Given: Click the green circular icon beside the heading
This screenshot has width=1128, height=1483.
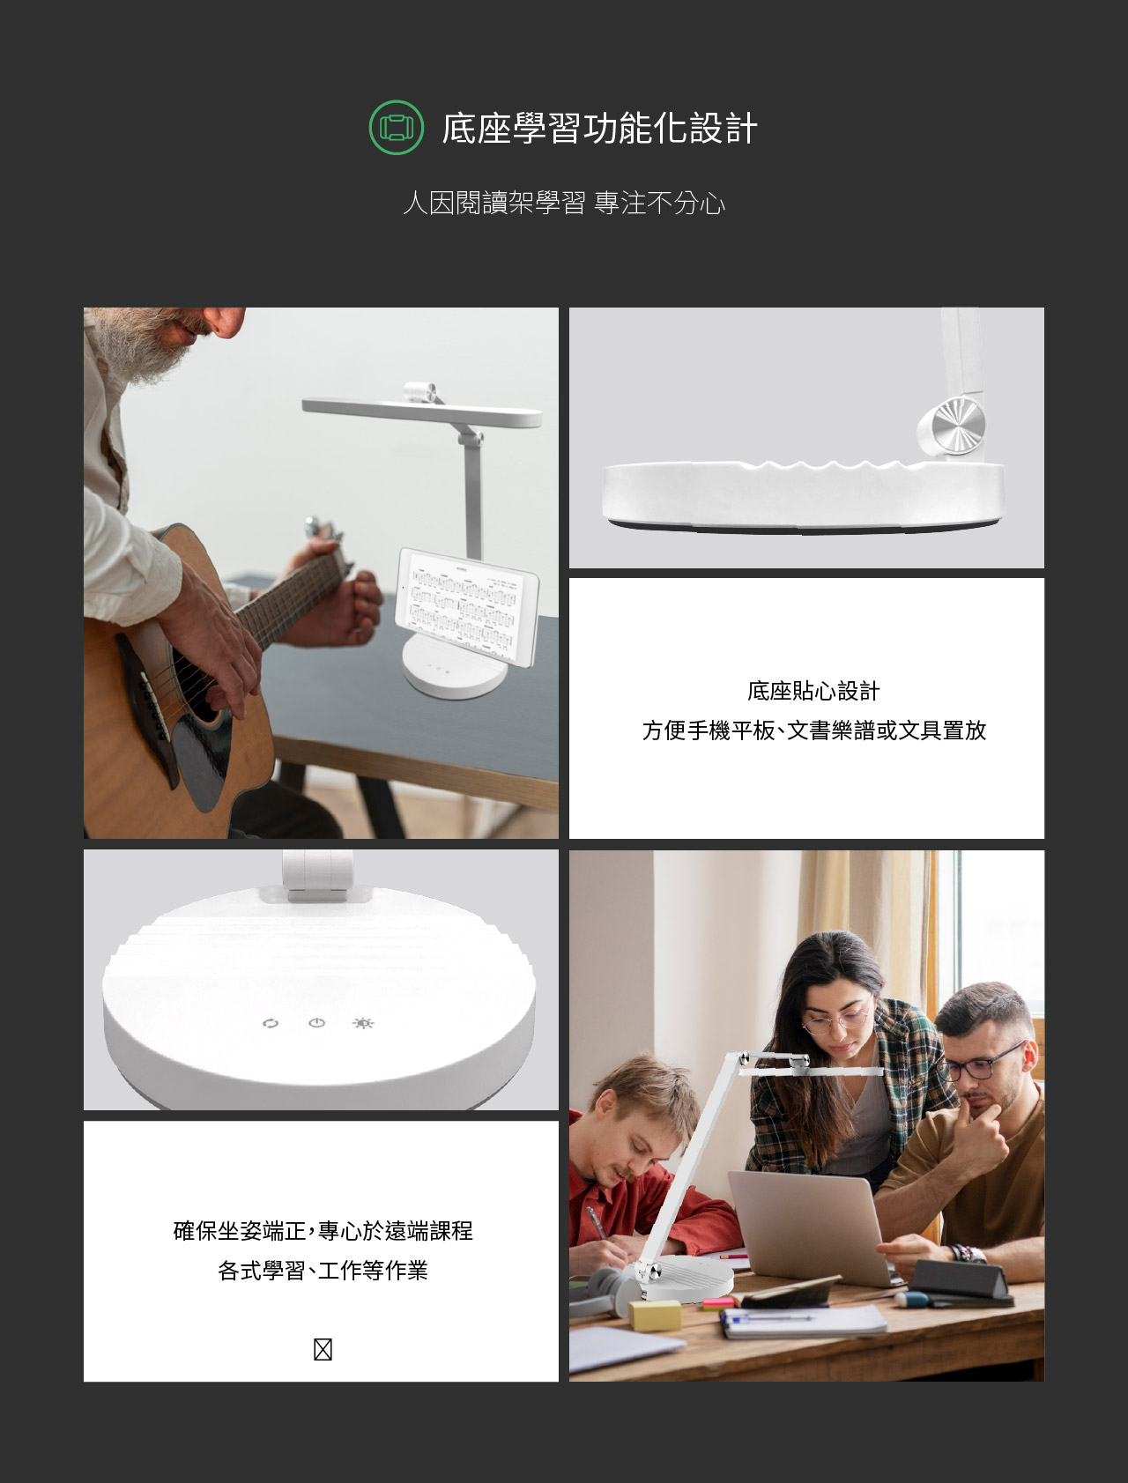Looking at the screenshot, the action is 396,128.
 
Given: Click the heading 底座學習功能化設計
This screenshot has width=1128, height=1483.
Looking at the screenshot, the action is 599,129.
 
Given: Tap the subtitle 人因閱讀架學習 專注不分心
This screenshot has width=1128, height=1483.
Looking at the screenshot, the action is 564,204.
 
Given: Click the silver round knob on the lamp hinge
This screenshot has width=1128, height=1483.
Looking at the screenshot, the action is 955,427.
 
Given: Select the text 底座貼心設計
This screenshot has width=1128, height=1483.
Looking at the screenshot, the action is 813,692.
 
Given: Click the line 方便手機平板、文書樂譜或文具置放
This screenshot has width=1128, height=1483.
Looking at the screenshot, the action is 813,730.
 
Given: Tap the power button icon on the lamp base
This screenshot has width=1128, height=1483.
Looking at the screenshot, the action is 317,1023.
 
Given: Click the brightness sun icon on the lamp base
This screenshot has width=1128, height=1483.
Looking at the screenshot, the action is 363,1023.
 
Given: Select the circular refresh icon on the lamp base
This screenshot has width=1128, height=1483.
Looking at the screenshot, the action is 271,1023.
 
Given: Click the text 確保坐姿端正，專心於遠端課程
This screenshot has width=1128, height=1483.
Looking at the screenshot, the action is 323,1231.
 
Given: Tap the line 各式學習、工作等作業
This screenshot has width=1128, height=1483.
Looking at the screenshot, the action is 323,1271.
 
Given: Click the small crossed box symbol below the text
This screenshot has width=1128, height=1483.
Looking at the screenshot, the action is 323,1349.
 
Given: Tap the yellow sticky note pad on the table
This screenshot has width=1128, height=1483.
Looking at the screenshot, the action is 655,1315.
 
